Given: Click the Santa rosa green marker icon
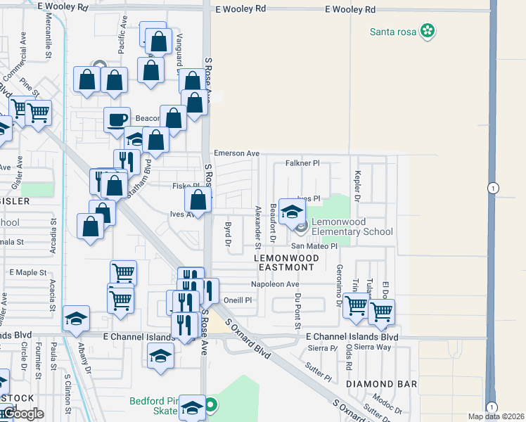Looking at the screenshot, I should pyautogui.click(x=427, y=31).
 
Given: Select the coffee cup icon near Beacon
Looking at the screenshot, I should pyautogui.click(x=117, y=118).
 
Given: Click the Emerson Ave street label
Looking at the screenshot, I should pyautogui.click(x=237, y=153).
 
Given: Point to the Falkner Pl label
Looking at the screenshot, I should pyautogui.click(x=302, y=163).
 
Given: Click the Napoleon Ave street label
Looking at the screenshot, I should pyautogui.click(x=275, y=284).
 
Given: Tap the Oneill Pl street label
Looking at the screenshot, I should pyautogui.click(x=238, y=300).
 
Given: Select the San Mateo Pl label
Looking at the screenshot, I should pyautogui.click(x=315, y=246).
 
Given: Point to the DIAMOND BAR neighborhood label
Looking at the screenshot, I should pyautogui.click(x=381, y=384).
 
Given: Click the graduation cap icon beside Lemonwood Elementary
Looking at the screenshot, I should pyautogui.click(x=292, y=210).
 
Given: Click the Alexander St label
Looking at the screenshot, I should pyautogui.click(x=258, y=221).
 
